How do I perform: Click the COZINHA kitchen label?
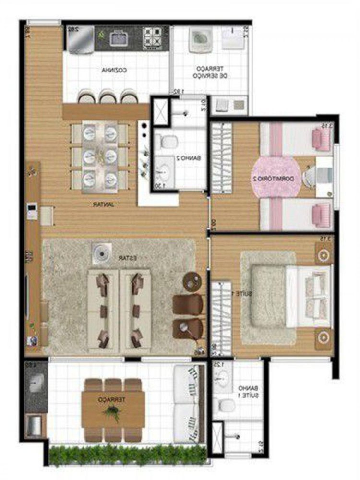tap(114, 70)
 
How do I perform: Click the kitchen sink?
tap(118, 37)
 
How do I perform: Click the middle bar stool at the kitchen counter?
tap(107, 97)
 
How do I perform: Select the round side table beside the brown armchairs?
tap(193, 282)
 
